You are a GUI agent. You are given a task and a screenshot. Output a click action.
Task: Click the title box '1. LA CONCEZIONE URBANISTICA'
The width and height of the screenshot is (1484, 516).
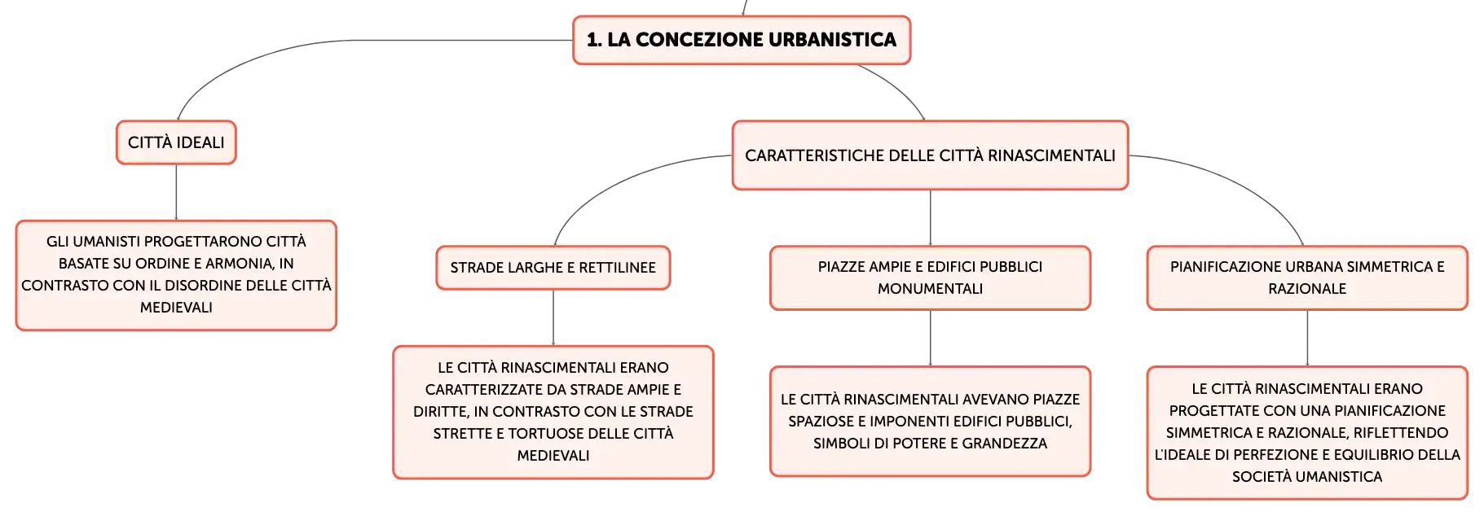742,40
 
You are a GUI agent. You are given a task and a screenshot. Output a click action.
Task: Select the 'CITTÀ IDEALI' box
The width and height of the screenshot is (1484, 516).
176,142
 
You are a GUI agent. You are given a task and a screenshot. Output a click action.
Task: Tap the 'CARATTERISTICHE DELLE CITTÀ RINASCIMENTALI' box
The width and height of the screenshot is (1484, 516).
930,155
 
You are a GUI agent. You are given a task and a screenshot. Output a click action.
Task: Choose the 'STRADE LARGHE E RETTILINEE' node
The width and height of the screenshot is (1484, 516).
553,268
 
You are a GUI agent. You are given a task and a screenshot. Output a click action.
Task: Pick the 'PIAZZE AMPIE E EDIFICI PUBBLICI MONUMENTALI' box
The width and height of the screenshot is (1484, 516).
930,278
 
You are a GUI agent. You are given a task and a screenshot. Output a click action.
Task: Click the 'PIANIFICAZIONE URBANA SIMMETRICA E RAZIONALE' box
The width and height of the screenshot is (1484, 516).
1307,278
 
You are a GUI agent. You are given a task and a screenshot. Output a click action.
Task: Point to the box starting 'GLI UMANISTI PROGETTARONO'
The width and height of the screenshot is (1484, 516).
176,275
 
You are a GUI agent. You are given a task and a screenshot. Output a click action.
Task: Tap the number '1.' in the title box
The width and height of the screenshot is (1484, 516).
594,40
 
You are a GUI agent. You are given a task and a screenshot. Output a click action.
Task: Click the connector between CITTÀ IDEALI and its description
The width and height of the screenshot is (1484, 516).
176,192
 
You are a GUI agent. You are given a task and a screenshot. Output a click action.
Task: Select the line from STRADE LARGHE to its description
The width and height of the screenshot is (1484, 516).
553,317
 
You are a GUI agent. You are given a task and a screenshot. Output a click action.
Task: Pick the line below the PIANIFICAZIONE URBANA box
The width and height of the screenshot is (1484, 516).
1307,339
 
